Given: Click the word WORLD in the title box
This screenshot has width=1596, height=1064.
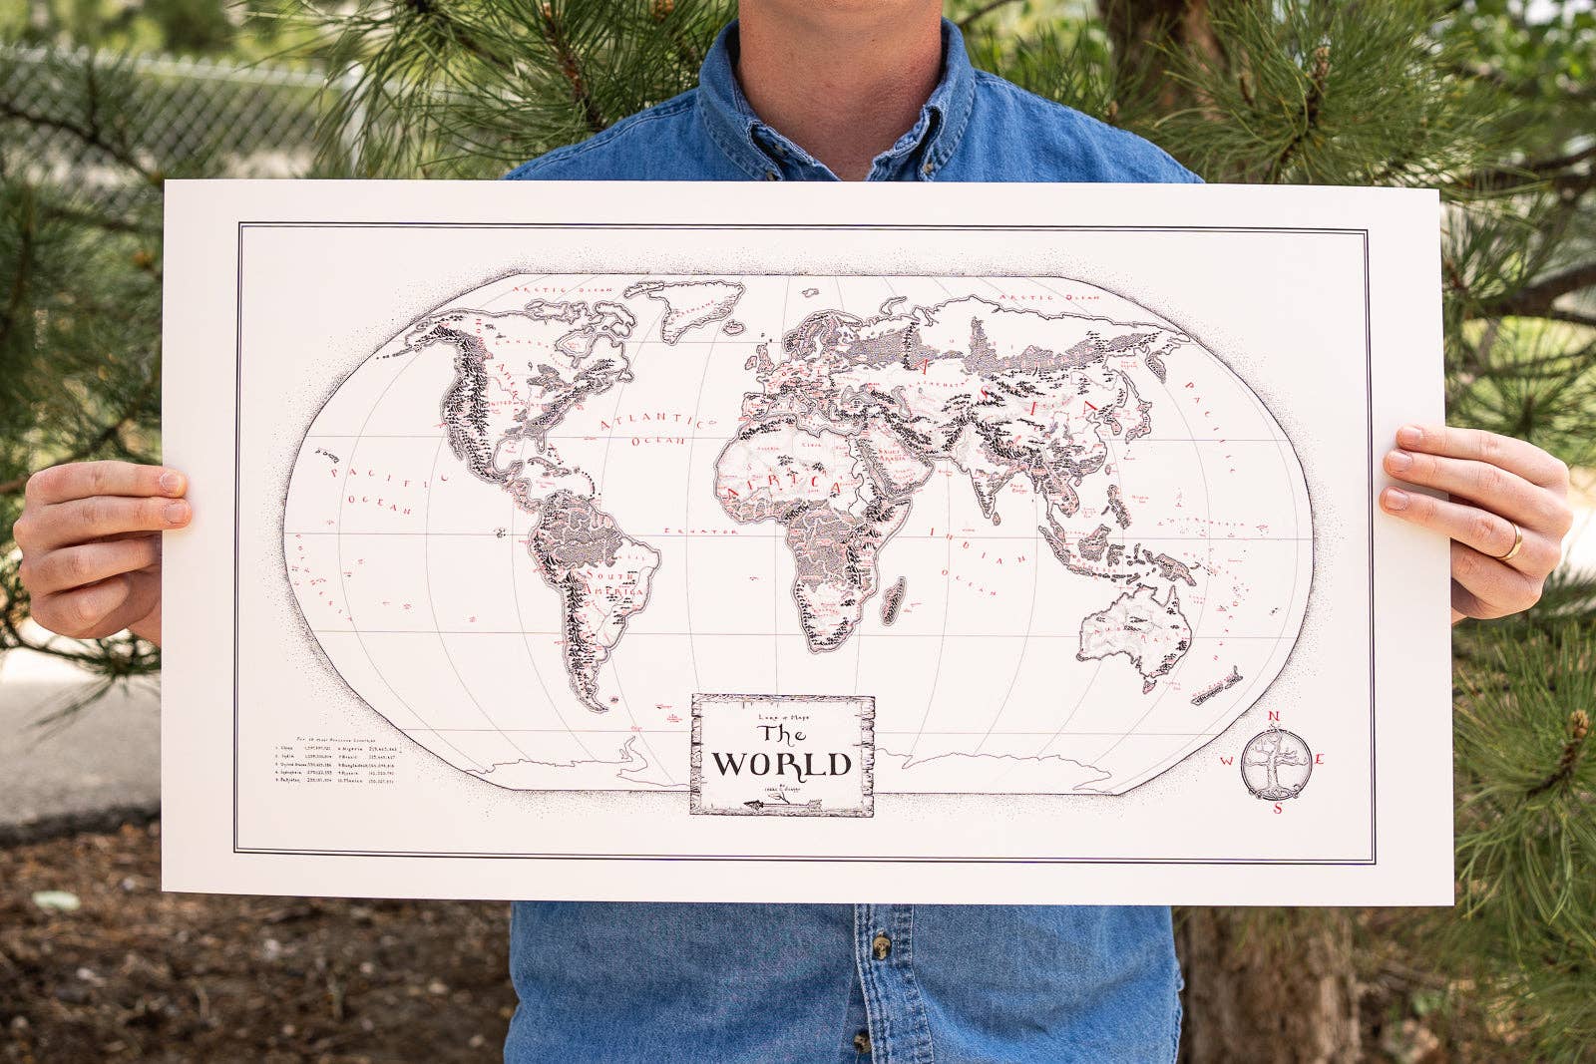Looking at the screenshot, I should (x=781, y=765).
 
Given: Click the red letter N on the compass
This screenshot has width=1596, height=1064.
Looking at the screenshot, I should (x=1274, y=716).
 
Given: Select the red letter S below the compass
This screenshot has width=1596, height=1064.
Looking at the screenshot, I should (x=1277, y=808).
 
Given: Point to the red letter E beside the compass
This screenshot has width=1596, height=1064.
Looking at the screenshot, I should (x=1319, y=760).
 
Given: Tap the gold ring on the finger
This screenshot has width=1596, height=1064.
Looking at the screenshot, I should (x=1513, y=540).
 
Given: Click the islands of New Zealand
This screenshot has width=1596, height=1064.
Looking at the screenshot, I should (x=1218, y=688).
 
